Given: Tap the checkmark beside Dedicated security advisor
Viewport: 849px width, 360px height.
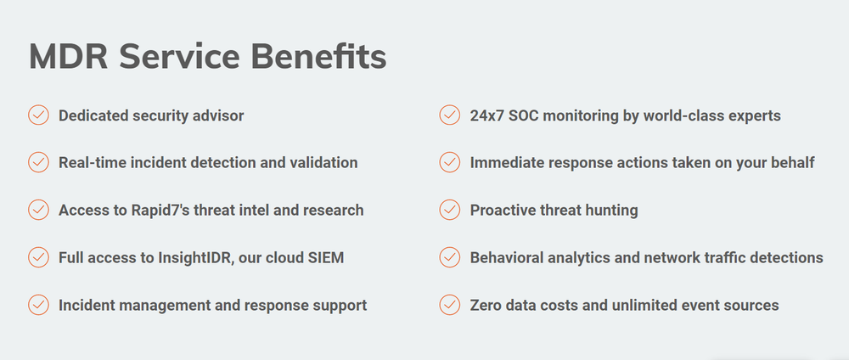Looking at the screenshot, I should pos(38,115).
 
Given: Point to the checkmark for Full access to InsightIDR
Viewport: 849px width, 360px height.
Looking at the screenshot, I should pos(38,256).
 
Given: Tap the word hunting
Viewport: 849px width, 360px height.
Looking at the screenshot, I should pos(610,210).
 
